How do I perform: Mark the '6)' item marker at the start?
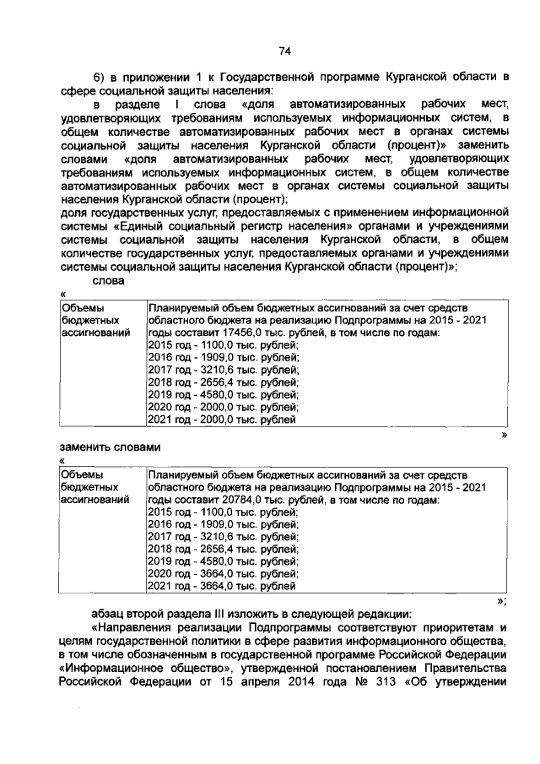tap(99, 75)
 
